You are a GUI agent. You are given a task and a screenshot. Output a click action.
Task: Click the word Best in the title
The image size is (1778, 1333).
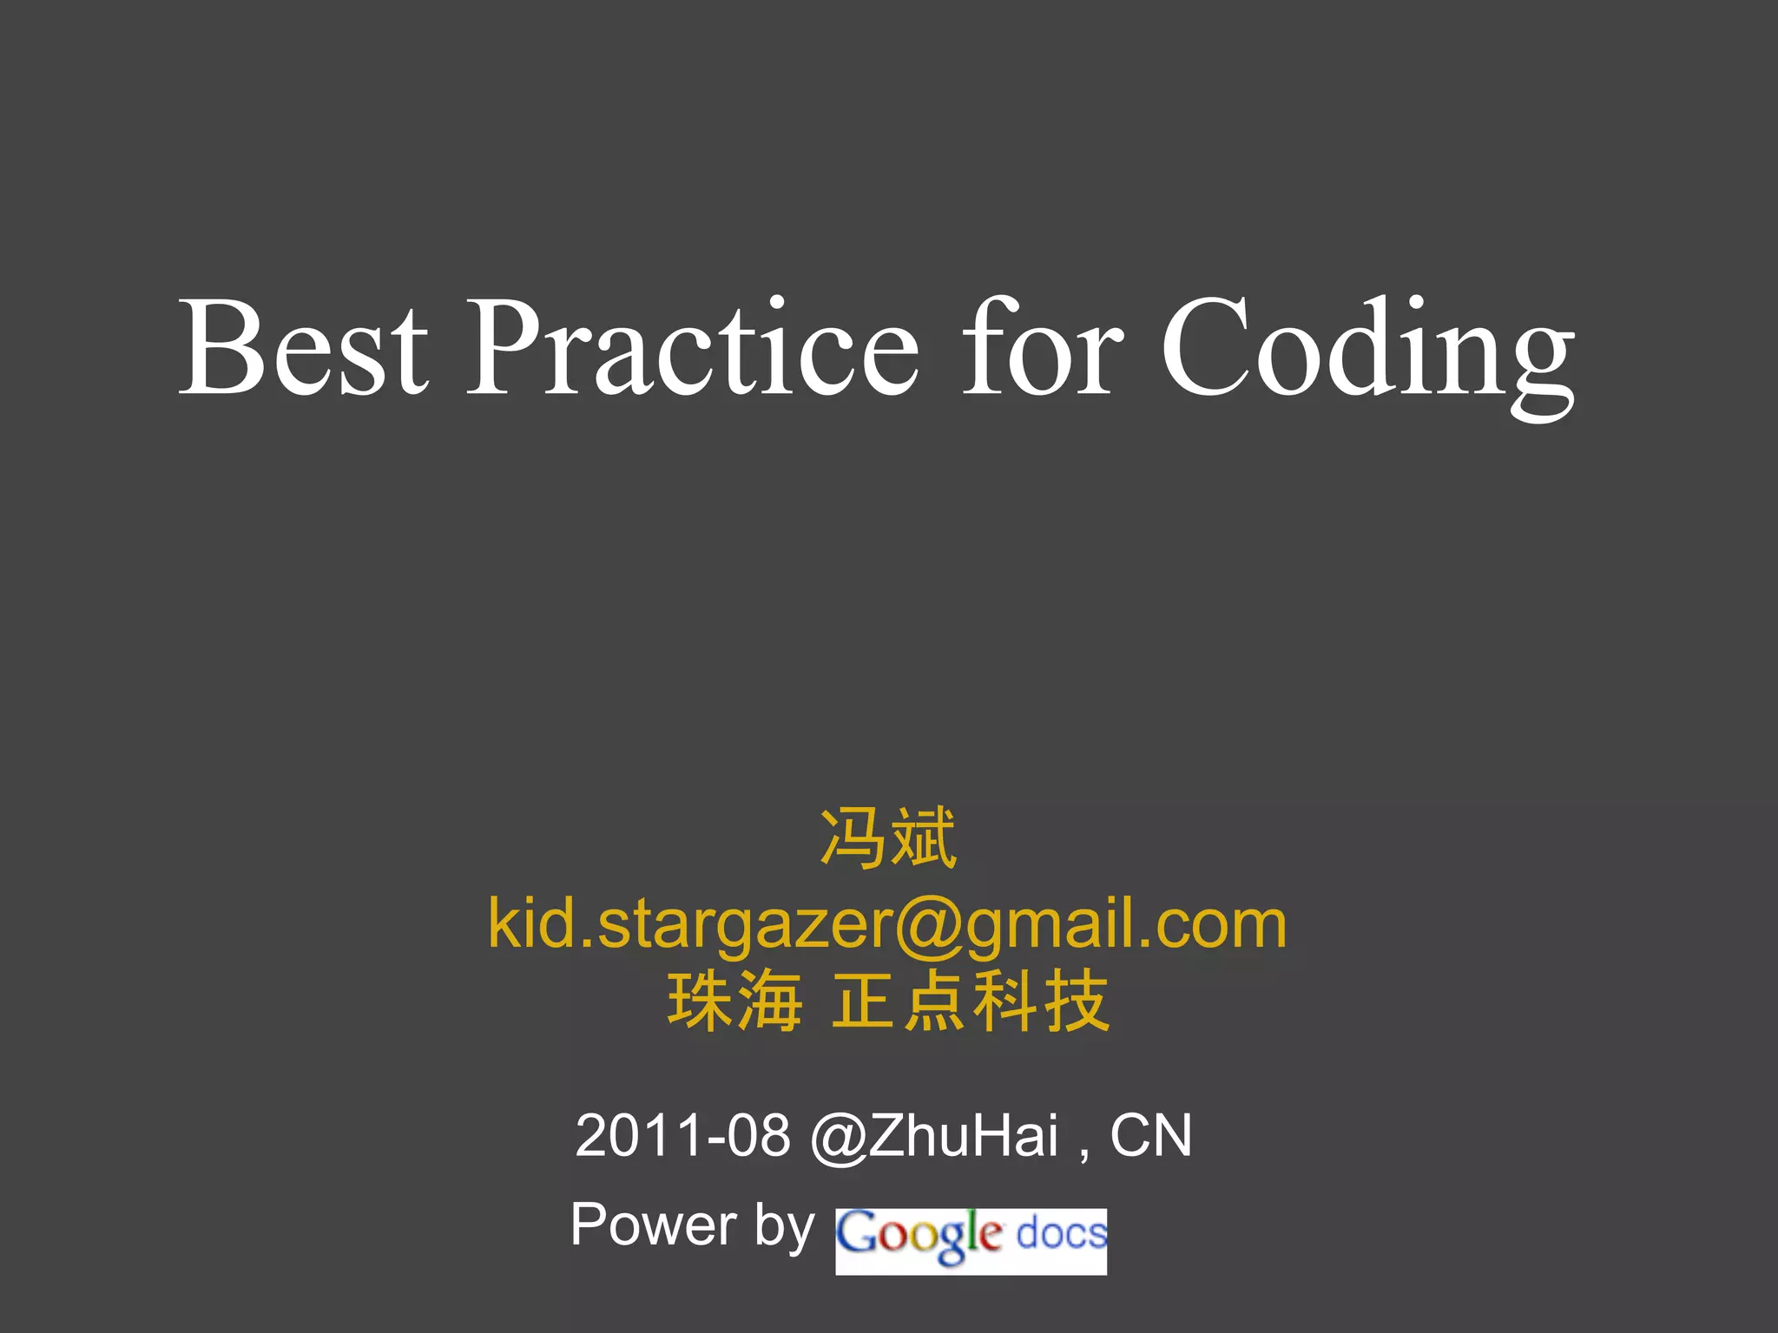[x=303, y=347]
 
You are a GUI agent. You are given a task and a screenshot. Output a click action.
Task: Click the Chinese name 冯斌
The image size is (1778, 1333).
[x=888, y=838]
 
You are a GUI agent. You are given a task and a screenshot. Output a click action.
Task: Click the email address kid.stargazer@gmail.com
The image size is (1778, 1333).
[x=887, y=925]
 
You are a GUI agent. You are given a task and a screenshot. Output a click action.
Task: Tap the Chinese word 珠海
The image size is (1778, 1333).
[x=734, y=1002]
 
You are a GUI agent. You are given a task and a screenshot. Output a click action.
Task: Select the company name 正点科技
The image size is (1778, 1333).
[x=970, y=1002]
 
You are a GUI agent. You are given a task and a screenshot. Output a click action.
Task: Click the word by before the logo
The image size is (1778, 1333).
[x=784, y=1226]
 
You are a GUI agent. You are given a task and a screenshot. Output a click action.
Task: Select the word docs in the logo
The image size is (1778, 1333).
[x=1061, y=1233]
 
